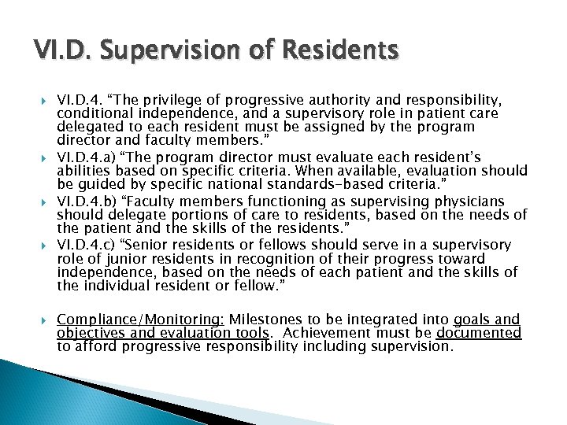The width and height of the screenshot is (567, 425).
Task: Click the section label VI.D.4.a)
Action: [87, 158]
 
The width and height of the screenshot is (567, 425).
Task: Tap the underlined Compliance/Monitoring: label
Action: [141, 320]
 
